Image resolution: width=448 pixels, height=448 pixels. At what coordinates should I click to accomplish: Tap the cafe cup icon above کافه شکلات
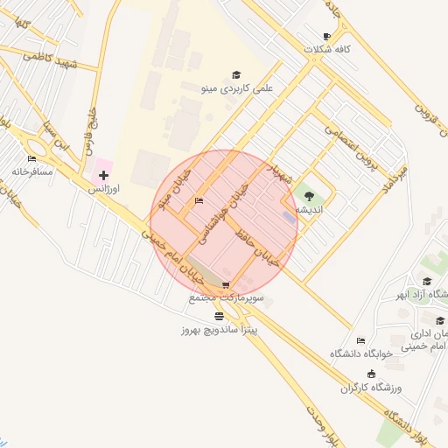coord(326,37)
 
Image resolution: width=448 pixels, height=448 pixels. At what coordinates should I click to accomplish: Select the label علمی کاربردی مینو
coord(237,88)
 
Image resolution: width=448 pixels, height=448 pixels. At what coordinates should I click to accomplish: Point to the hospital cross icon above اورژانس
coord(104,176)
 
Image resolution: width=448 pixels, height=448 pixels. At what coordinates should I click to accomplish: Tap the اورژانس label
coord(105,188)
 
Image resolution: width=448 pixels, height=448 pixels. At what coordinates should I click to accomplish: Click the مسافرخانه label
coord(32,171)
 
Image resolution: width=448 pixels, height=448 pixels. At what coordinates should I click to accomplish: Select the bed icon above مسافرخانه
coord(32,159)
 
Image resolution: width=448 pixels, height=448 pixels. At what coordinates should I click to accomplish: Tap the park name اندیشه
coord(309,210)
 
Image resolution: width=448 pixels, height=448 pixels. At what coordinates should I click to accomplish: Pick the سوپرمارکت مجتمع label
coord(226,298)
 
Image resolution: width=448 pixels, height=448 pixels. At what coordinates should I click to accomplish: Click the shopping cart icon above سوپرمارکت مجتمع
coord(226,285)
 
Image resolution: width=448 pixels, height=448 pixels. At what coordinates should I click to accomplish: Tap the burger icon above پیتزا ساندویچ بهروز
coord(219,317)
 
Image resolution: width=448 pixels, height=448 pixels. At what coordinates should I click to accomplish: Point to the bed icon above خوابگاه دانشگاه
coord(360,340)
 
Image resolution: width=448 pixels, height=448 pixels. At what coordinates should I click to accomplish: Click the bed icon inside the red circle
coord(199,201)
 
